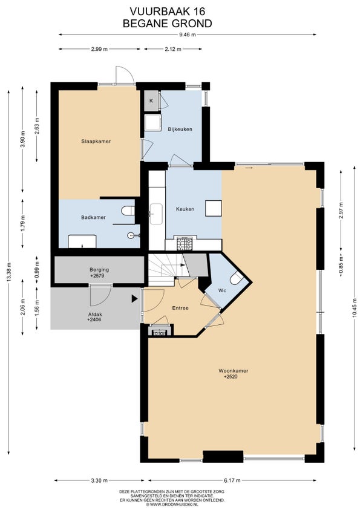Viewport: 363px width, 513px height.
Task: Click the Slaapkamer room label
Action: click(x=96, y=142)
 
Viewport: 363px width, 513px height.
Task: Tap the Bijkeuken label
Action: click(x=180, y=129)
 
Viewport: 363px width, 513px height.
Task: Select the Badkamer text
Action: click(x=93, y=217)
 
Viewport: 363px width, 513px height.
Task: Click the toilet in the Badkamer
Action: click(x=128, y=211)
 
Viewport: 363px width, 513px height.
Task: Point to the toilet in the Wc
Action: click(x=237, y=279)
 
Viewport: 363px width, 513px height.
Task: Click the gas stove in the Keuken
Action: click(x=185, y=244)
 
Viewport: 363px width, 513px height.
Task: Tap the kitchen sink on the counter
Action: click(x=156, y=214)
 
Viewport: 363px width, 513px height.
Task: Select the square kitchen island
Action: click(x=214, y=208)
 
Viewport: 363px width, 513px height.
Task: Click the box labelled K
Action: click(x=151, y=101)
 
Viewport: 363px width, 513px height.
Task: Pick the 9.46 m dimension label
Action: click(x=188, y=34)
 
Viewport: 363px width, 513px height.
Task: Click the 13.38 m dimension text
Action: click(x=8, y=272)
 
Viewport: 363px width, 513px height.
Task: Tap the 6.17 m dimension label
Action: click(x=232, y=480)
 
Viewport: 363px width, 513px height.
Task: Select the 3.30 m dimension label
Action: click(x=99, y=480)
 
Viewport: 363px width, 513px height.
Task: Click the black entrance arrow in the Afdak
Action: click(x=134, y=299)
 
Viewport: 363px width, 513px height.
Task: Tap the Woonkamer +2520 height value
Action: click(x=231, y=376)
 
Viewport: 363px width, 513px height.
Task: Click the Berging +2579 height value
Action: click(x=99, y=276)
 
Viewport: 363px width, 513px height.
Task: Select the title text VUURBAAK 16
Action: click(x=168, y=11)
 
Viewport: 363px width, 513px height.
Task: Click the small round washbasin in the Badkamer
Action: click(x=131, y=235)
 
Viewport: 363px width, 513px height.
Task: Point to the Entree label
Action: click(x=180, y=308)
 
